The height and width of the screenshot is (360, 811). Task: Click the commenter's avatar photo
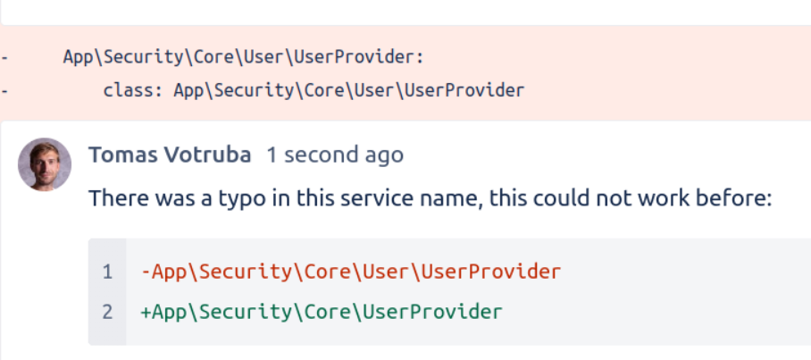(45, 164)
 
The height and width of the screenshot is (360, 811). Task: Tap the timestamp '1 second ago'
(335, 155)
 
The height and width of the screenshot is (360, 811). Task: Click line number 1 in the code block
(108, 271)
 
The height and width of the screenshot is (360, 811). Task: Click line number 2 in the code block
(108, 312)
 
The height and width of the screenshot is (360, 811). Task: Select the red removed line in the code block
(351, 271)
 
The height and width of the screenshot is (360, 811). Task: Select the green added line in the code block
(322, 312)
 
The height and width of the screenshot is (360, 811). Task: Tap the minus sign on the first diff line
(4, 57)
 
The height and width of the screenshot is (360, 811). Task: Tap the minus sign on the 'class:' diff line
(4, 90)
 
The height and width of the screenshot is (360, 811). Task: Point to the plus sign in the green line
(146, 312)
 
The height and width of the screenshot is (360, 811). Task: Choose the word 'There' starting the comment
(113, 197)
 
